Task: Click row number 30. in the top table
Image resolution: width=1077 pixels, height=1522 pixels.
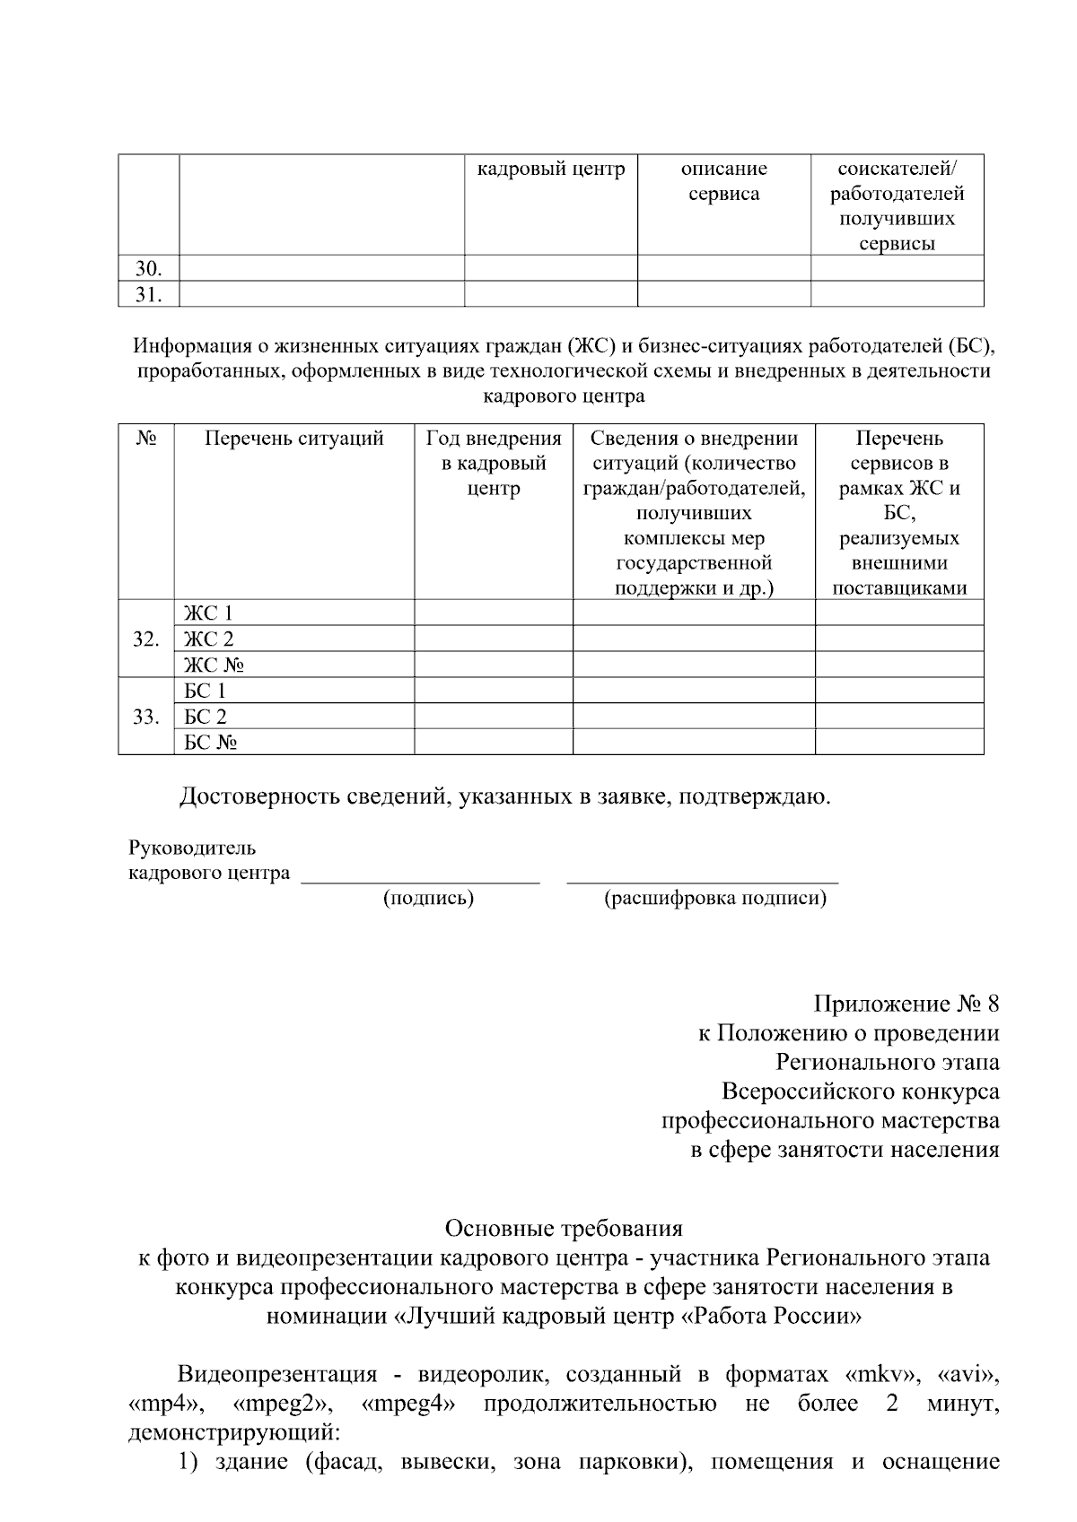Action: pos(148,268)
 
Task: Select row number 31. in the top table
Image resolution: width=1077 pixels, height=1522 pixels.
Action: pos(148,294)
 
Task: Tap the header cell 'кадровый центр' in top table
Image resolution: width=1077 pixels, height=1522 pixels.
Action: pos(550,170)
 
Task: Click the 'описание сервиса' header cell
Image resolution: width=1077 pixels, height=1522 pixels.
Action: pos(723,181)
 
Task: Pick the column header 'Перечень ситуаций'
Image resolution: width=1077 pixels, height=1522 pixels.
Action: pos(293,439)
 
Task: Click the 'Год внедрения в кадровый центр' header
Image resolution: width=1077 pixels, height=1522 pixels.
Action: pos(494,464)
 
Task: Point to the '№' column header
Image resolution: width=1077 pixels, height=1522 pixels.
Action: pos(146,439)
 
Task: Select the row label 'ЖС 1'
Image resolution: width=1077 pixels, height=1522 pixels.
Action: pos(208,613)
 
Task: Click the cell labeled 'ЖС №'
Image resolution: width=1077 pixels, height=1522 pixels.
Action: pos(214,665)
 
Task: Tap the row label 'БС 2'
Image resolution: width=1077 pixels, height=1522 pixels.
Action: pos(206,717)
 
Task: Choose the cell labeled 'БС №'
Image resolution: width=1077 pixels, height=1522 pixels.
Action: pos(210,743)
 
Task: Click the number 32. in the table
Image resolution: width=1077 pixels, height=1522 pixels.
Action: pos(146,639)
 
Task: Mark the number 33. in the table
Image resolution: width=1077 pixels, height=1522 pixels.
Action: pos(146,717)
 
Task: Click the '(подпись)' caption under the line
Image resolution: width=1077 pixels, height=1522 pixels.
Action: pos(428,898)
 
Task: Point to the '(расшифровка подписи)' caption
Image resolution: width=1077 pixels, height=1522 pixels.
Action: pos(715,898)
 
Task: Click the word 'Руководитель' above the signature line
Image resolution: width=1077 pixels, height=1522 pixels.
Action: pos(192,848)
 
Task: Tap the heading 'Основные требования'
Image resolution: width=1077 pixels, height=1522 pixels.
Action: pos(564,1228)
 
